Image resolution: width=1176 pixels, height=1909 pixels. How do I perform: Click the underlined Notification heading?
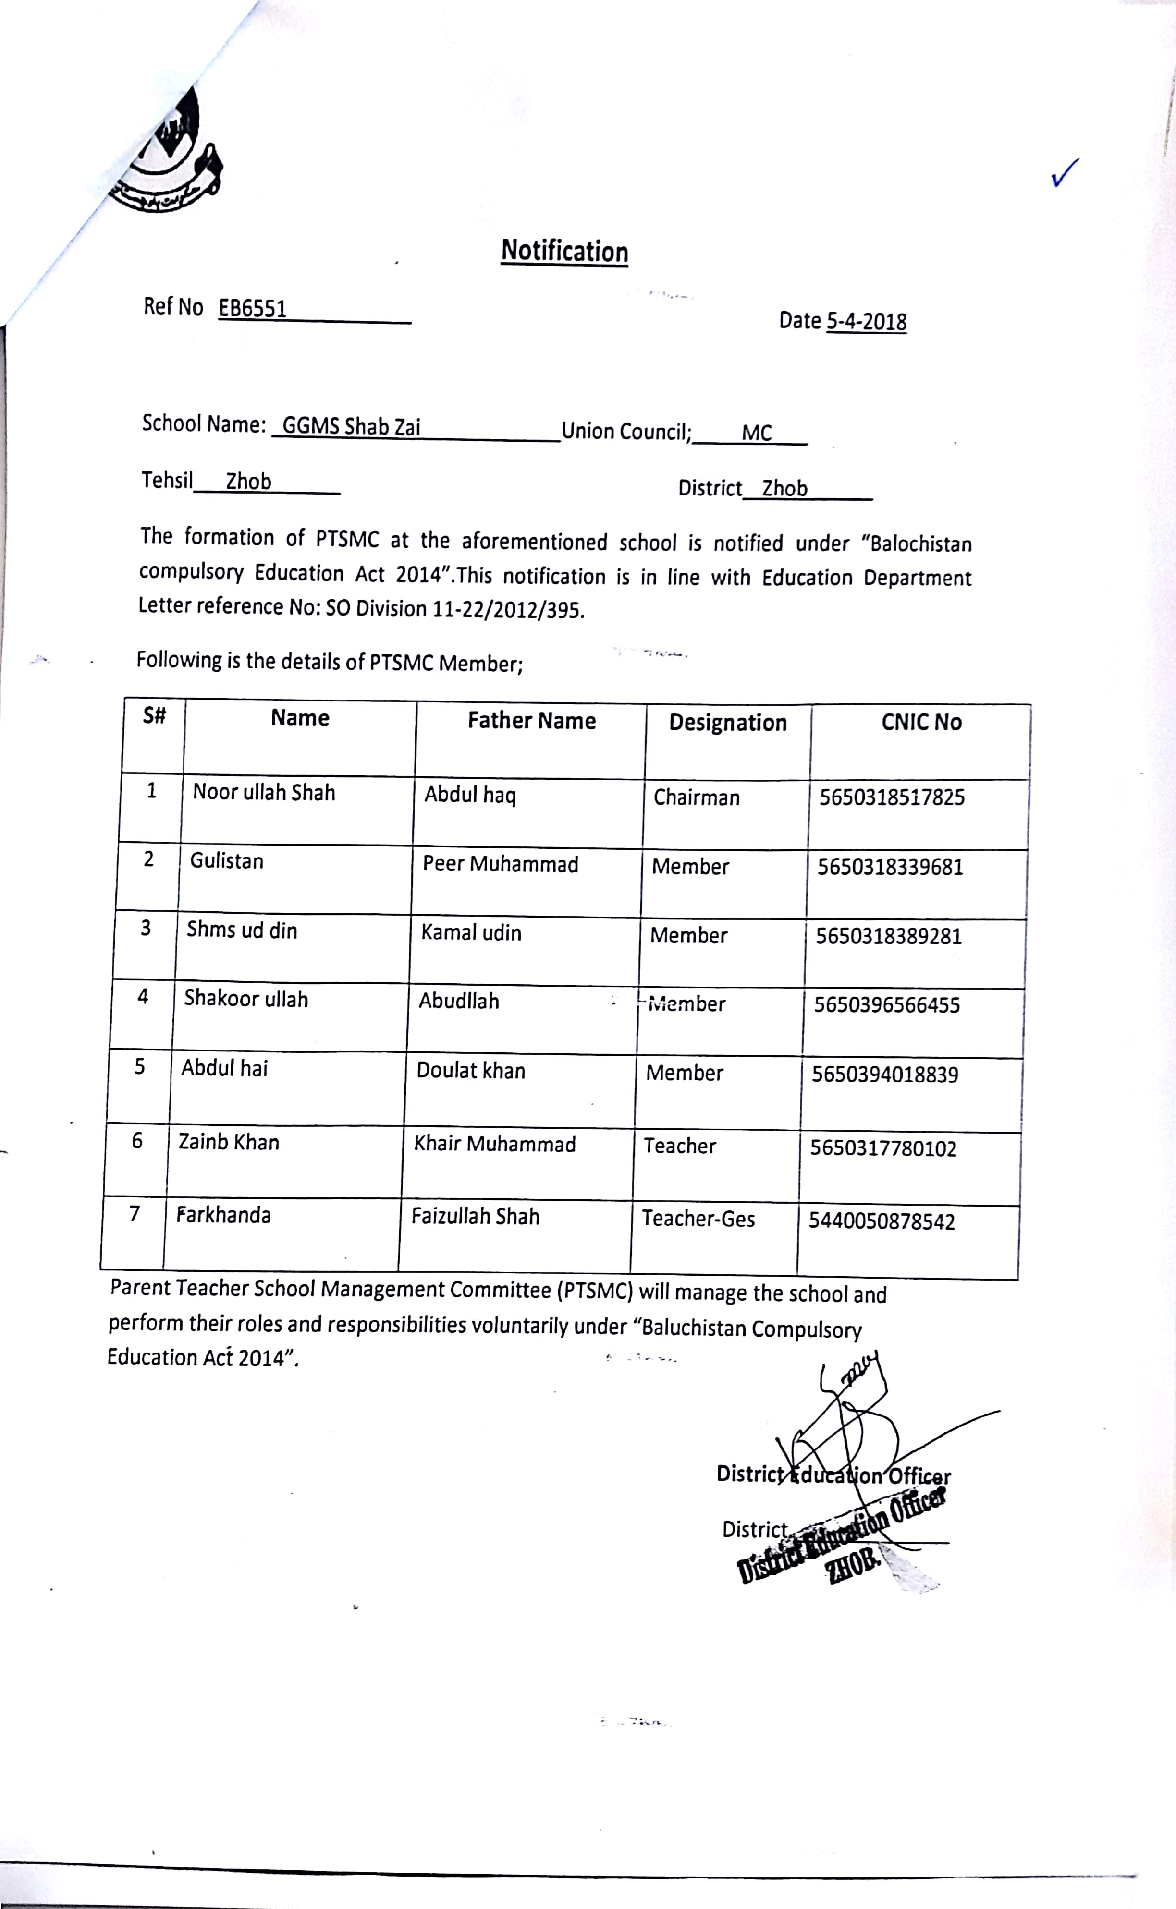tap(564, 251)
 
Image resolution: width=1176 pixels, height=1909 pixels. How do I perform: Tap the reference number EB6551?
tap(252, 309)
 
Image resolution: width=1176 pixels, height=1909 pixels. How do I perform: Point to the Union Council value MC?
tap(756, 433)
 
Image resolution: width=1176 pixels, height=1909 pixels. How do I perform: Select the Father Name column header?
tap(531, 721)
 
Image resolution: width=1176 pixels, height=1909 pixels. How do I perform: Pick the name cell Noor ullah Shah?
tap(264, 792)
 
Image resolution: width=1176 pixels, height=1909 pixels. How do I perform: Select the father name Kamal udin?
tap(471, 933)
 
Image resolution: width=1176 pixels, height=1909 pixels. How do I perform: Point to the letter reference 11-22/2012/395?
tap(506, 609)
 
